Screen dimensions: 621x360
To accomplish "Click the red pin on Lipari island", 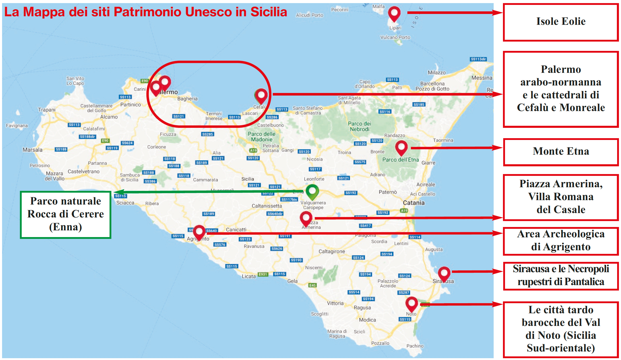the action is click(x=394, y=13).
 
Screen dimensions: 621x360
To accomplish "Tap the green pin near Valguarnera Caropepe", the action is click(x=312, y=191).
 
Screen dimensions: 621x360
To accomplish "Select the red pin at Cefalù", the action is click(x=261, y=96).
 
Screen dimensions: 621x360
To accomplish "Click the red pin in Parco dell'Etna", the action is click(x=401, y=147).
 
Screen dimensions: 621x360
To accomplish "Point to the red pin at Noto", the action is click(x=412, y=304).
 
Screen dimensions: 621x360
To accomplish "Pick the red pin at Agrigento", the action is click(x=199, y=232).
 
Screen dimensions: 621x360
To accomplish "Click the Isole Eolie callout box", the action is click(x=561, y=22).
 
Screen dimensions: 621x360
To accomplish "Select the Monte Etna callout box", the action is click(x=561, y=152).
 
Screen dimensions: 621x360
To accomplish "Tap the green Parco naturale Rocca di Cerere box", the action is click(x=66, y=215).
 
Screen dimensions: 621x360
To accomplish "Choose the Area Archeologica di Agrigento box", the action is click(x=561, y=241).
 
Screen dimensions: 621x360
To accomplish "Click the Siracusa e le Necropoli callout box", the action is click(x=561, y=276).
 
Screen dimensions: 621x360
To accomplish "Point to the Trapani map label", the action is click(x=47, y=110).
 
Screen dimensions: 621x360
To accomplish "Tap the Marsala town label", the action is click(x=33, y=150).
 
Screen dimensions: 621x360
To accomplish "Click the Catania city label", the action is click(x=414, y=203).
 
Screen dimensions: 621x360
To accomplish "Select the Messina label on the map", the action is click(x=482, y=78).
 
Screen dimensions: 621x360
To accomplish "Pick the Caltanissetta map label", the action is click(x=267, y=206).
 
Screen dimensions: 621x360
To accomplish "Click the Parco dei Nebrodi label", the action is click(x=359, y=126).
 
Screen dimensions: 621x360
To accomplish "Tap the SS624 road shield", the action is click(x=127, y=143).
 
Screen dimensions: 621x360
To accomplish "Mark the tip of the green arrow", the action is click(x=114, y=192).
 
